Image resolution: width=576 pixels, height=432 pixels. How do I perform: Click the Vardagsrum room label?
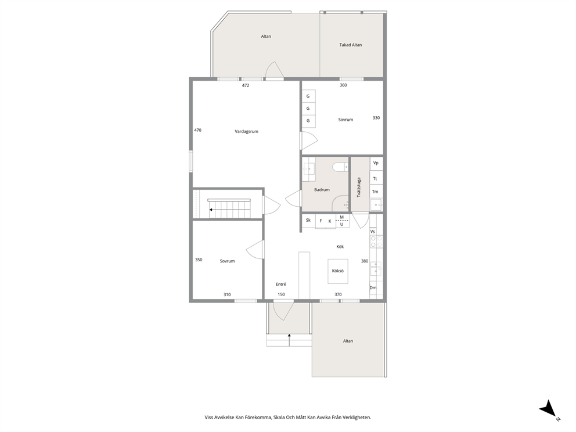pyautogui.click(x=246, y=131)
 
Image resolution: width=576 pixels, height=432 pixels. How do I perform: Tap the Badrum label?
pyautogui.click(x=322, y=189)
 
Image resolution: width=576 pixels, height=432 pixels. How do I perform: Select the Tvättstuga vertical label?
pyautogui.click(x=359, y=188)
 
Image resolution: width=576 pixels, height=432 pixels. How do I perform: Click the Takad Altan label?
pyautogui.click(x=351, y=45)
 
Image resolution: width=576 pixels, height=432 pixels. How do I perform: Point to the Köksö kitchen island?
pyautogui.click(x=338, y=271)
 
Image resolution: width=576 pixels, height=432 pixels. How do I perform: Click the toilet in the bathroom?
pyautogui.click(x=340, y=167)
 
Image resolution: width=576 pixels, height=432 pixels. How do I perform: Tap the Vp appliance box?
pyautogui.click(x=376, y=164)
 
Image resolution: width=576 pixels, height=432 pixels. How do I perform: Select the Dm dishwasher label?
pyautogui.click(x=373, y=287)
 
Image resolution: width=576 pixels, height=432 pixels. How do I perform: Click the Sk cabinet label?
pyautogui.click(x=308, y=220)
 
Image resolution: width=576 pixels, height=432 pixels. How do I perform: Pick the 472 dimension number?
pyautogui.click(x=246, y=85)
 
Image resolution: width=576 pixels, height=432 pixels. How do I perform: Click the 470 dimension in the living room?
pyautogui.click(x=197, y=130)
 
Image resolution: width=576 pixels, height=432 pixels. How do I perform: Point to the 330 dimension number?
pyautogui.click(x=376, y=118)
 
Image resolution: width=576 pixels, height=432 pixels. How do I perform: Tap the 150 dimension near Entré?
pyautogui.click(x=281, y=294)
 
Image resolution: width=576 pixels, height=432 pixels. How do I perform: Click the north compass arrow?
pyautogui.click(x=549, y=409)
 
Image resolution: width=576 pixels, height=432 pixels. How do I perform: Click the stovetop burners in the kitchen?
pyautogui.click(x=376, y=242)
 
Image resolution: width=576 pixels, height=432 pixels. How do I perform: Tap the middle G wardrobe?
pyautogui.click(x=308, y=109)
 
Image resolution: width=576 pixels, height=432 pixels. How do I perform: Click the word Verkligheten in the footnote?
pyautogui.click(x=358, y=417)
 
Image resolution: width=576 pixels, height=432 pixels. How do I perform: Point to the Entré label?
pyautogui.click(x=280, y=284)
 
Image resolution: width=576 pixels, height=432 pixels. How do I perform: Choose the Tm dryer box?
pyautogui.click(x=376, y=192)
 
